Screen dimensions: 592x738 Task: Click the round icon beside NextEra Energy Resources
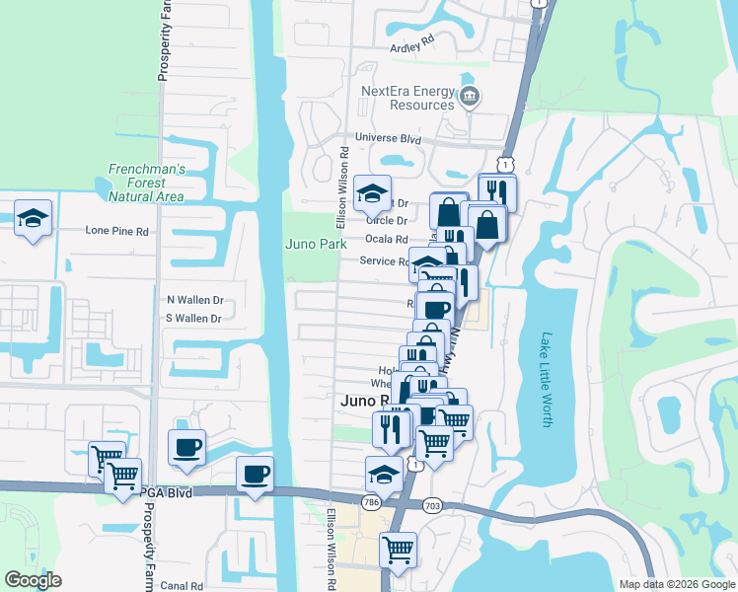[x=470, y=97]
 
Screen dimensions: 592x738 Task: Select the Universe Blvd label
[x=390, y=140]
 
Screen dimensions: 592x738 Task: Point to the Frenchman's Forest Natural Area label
[x=146, y=183]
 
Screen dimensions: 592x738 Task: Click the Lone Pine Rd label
[x=116, y=231]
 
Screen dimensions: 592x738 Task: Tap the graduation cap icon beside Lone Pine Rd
[x=33, y=219]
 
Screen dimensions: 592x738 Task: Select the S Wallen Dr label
[x=193, y=318]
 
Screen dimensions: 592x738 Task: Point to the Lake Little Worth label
[x=547, y=379]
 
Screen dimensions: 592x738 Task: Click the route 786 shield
[x=371, y=503]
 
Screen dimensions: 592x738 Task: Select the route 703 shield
[x=430, y=505]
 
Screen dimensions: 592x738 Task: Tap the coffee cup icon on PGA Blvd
[x=255, y=476]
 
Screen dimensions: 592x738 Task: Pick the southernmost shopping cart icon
[x=398, y=549]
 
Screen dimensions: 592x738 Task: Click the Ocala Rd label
[x=386, y=240]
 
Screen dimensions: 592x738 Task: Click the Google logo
[x=33, y=580]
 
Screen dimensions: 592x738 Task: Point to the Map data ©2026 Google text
[x=676, y=584]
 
